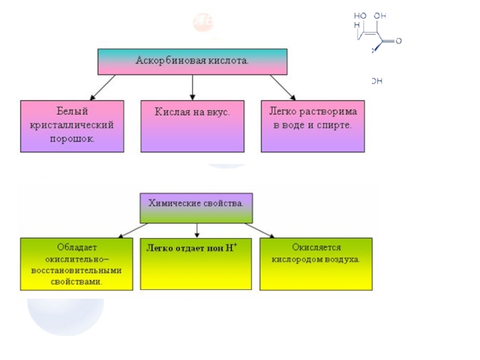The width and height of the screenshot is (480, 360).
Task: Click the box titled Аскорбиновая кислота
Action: point(193,61)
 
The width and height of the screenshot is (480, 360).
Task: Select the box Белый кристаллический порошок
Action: point(72,126)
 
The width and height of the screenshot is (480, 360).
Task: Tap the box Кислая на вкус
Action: point(193,126)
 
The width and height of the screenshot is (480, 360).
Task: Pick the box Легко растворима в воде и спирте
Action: point(313,126)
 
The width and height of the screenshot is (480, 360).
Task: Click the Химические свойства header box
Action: point(196,208)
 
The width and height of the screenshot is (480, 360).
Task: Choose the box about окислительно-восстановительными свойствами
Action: point(76,264)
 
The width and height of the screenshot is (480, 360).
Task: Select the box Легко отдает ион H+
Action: point(196,264)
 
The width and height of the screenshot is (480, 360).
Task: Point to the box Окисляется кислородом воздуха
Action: point(316,264)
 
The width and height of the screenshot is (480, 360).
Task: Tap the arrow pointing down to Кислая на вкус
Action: point(192,87)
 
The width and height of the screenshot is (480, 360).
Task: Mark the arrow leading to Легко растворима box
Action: point(282,87)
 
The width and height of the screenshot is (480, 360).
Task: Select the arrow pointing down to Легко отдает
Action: point(196,230)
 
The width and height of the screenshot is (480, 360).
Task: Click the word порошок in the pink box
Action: point(72,138)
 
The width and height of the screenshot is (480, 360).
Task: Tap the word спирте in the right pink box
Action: point(337,127)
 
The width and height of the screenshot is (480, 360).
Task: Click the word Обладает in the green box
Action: point(77,247)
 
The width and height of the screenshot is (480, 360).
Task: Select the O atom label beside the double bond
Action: point(398,41)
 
